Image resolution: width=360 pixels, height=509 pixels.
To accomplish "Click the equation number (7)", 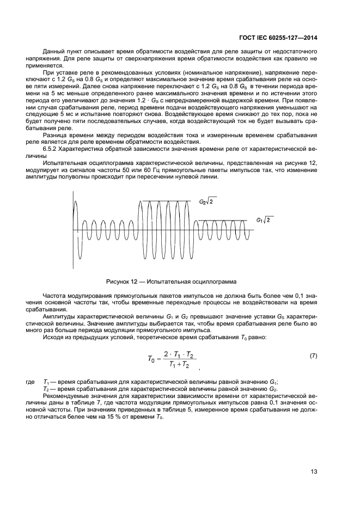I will [313, 355].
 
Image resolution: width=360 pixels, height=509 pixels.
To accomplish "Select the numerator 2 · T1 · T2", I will [178, 353].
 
